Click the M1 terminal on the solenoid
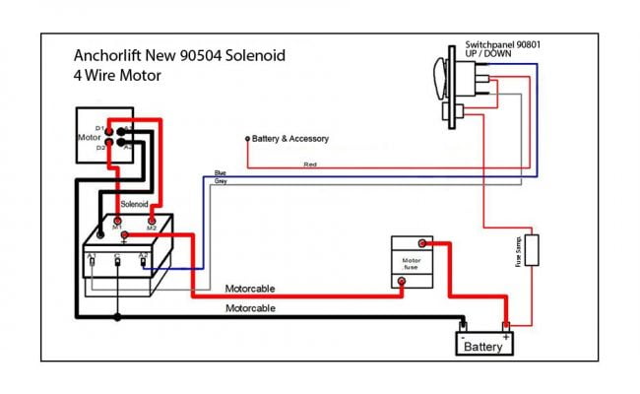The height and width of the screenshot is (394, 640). click(117, 220)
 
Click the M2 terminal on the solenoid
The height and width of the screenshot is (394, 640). click(152, 220)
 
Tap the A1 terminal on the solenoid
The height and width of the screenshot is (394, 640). click(92, 260)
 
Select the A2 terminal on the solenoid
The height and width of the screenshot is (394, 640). click(144, 260)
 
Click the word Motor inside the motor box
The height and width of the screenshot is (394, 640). click(90, 138)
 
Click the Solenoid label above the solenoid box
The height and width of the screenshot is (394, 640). click(134, 204)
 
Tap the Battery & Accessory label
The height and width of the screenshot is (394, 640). click(290, 139)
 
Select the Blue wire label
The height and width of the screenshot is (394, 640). click(221, 173)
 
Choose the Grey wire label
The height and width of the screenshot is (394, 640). click(221, 182)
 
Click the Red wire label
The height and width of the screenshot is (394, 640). click(310, 164)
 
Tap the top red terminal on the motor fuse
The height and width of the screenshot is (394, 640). click(421, 242)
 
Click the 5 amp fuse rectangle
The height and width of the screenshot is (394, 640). click(532, 250)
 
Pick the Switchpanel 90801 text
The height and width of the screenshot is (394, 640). click(501, 45)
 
